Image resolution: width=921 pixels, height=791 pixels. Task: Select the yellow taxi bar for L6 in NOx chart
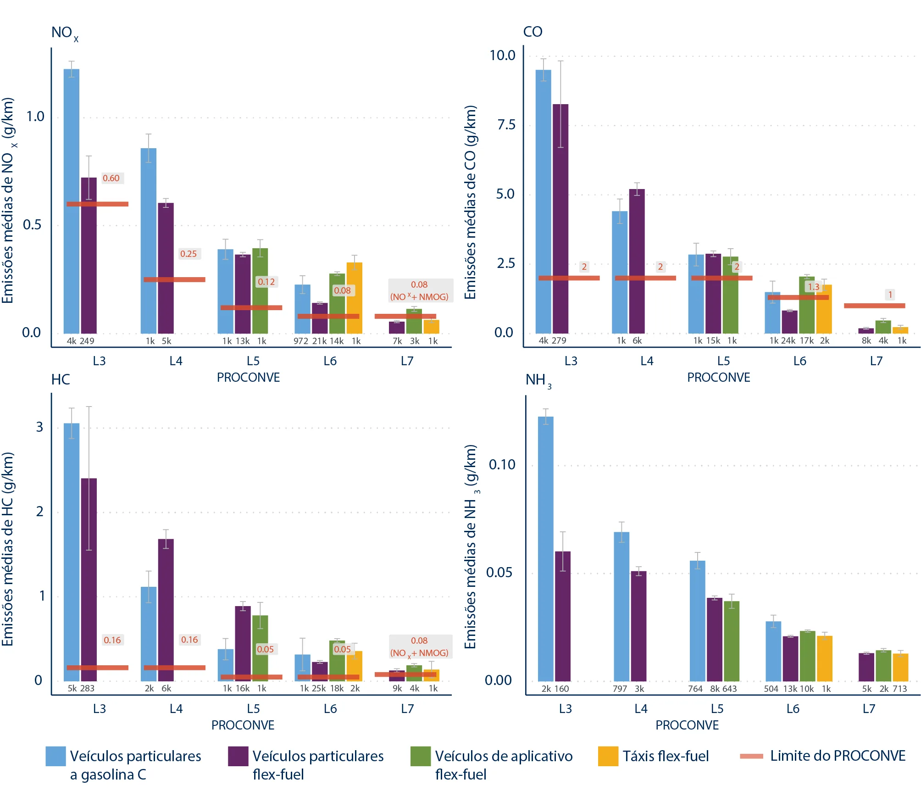click(354, 298)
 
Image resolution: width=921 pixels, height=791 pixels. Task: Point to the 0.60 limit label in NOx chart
click(111, 178)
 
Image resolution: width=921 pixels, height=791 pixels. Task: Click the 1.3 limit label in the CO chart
click(814, 287)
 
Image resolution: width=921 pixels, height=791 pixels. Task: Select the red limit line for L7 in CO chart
click(874, 306)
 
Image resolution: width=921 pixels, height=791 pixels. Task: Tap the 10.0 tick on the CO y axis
click(502, 56)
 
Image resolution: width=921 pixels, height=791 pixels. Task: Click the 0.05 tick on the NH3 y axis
click(501, 572)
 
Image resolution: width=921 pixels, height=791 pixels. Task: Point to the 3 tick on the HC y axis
click(40, 427)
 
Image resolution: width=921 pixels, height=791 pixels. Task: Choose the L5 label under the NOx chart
click(253, 361)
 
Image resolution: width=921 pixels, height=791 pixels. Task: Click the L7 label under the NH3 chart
click(869, 709)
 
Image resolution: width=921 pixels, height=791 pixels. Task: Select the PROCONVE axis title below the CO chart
click(718, 378)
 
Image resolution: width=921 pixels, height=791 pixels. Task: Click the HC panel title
click(61, 379)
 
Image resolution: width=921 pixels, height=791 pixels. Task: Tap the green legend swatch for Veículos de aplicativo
click(421, 757)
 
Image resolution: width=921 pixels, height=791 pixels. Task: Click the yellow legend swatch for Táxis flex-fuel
click(608, 757)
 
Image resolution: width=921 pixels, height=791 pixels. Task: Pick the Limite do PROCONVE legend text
click(838, 756)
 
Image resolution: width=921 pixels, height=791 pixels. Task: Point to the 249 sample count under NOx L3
click(87, 341)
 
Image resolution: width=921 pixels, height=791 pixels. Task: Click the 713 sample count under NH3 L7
click(899, 689)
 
